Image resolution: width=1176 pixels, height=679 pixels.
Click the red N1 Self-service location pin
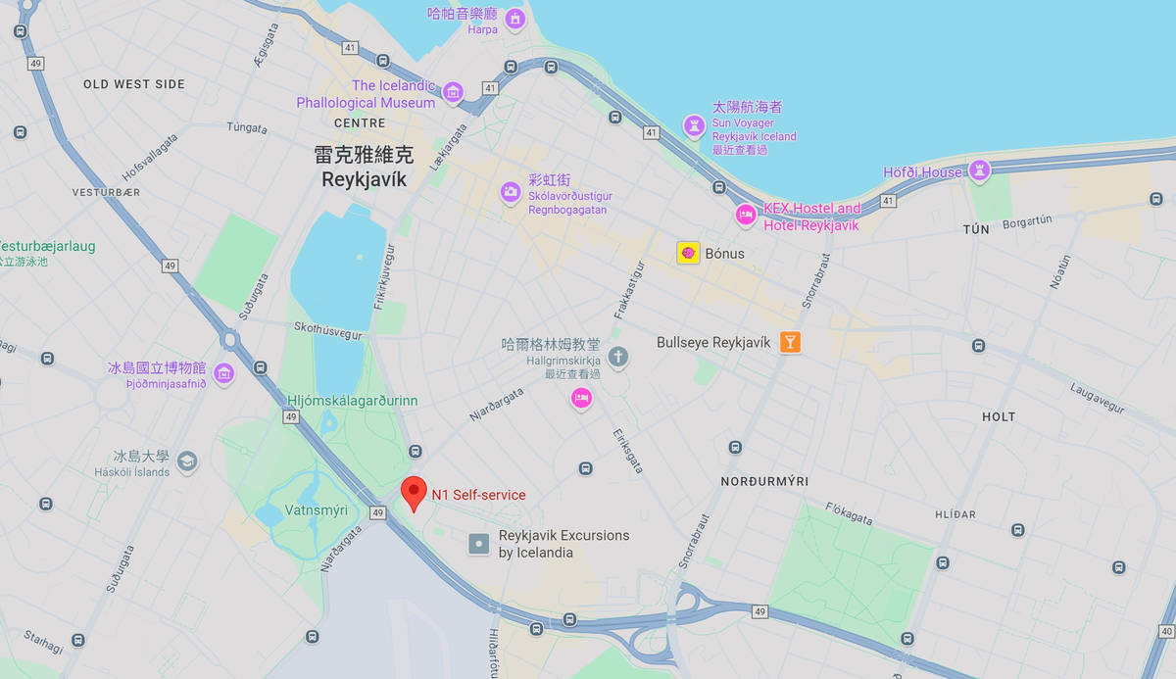click(x=415, y=491)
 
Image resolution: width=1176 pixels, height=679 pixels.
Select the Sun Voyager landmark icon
click(x=694, y=125)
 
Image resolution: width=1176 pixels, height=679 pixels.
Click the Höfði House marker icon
click(x=978, y=171)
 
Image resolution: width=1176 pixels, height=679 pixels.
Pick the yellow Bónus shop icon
click(x=688, y=253)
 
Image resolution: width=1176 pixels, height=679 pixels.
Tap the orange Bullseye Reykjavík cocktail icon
click(x=790, y=342)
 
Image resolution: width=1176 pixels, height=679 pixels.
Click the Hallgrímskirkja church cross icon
click(x=617, y=356)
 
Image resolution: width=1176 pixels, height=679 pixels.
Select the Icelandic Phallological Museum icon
click(x=453, y=93)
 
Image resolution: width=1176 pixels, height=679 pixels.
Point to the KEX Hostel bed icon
click(x=746, y=215)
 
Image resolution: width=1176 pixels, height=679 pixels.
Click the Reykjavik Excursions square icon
click(x=478, y=543)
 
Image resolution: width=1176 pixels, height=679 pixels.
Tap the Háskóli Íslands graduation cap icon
click(x=187, y=460)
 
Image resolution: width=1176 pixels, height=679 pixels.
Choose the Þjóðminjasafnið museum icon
click(x=223, y=372)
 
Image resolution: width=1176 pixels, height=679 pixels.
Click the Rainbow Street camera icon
click(x=510, y=191)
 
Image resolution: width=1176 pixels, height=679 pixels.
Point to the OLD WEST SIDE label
click(x=134, y=84)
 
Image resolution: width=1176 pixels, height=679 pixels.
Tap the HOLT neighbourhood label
click(x=999, y=416)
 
